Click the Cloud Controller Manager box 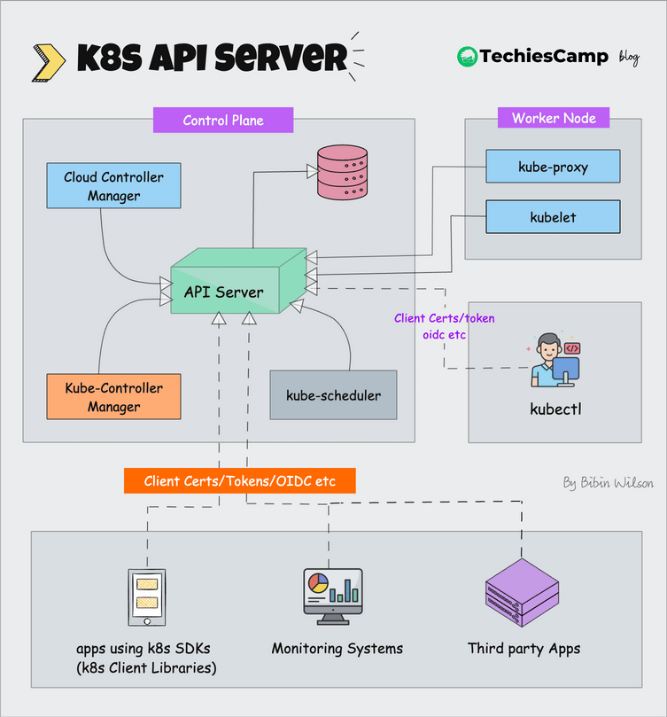[x=113, y=186]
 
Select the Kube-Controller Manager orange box [x=113, y=397]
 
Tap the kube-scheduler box [x=333, y=394]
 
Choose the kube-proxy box [x=553, y=166]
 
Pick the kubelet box [x=553, y=216]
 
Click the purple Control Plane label [x=223, y=120]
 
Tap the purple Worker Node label [x=554, y=118]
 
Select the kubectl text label [x=555, y=409]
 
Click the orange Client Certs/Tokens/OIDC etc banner [x=240, y=480]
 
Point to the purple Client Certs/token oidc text [x=444, y=326]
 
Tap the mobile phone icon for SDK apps [x=148, y=596]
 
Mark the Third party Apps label [x=524, y=648]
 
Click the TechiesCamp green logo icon [x=467, y=57]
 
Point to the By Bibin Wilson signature [x=608, y=483]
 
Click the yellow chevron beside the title [x=48, y=59]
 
